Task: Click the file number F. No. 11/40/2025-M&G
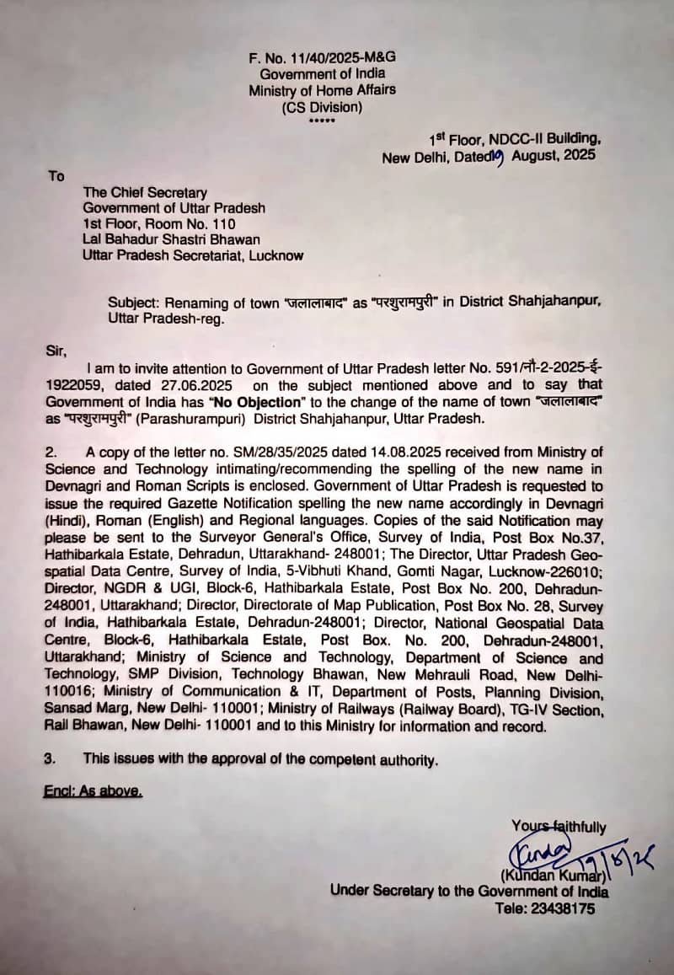coord(322,56)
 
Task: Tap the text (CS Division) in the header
coord(322,107)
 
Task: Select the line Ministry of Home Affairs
coord(322,90)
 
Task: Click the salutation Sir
coord(54,349)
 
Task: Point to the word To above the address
coord(56,176)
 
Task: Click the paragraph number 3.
coord(51,759)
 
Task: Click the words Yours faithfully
coord(558,828)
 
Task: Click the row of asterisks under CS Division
coord(322,121)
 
